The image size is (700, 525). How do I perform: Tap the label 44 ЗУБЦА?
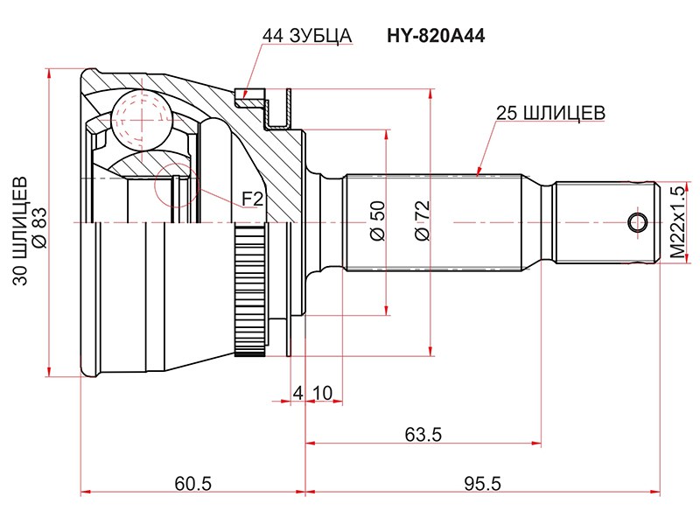(306, 37)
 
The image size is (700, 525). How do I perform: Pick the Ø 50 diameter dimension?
(377, 220)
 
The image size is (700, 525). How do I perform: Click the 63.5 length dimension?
(423, 434)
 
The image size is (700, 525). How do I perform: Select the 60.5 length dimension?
(193, 483)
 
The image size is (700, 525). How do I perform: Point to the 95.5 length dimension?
(479, 483)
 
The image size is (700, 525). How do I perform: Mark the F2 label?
(252, 200)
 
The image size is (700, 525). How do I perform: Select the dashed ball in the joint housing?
(140, 117)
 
